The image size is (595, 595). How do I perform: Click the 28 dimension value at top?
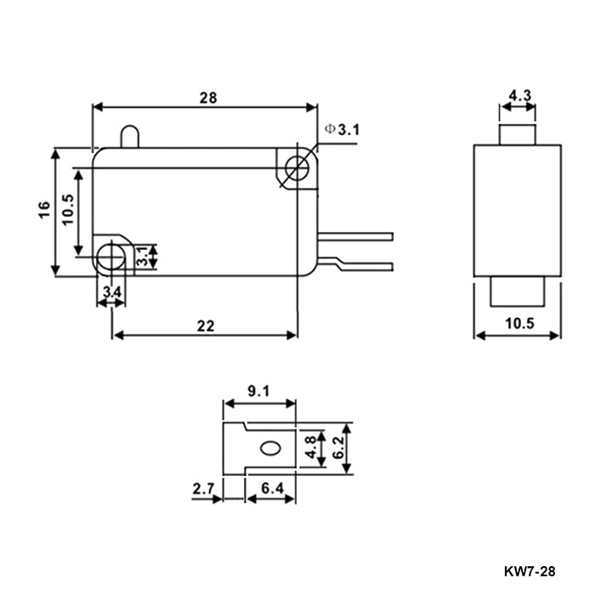coord(207,98)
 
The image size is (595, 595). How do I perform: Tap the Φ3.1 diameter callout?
coord(343,129)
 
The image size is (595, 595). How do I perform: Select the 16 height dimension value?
coord(43,212)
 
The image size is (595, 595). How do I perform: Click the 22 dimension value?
coord(204,325)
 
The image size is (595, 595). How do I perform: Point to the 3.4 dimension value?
coord(111,293)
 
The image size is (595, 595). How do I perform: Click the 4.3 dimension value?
coord(519,96)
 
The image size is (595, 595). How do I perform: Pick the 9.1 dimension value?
coord(258,392)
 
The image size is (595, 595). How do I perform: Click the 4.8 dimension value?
coord(313,448)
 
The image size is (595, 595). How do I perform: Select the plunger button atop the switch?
coord(129,137)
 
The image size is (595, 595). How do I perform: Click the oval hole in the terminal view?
coord(272,448)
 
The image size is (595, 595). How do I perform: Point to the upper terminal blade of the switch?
coord(357,235)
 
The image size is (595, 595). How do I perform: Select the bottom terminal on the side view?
coord(518,291)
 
